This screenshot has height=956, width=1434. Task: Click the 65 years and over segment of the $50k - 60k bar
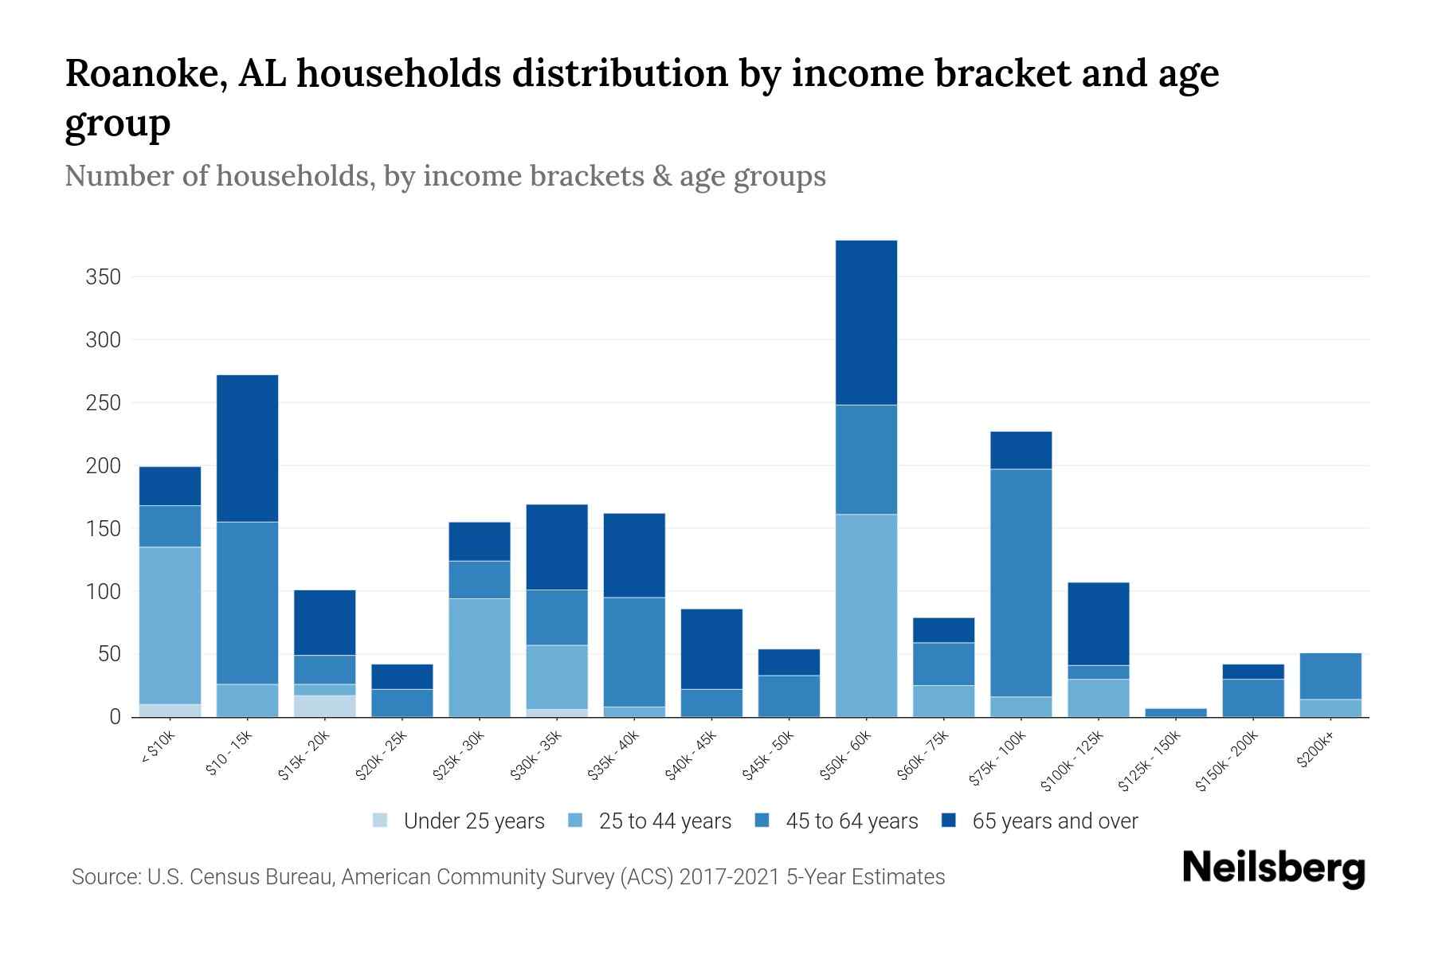[x=866, y=323]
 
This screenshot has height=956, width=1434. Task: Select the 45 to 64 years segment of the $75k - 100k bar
[x=1021, y=582]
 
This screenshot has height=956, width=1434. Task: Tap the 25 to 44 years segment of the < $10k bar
[x=170, y=625]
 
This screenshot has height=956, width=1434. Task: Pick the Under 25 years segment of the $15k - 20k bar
[x=324, y=706]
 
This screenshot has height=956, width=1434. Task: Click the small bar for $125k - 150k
[x=1175, y=712]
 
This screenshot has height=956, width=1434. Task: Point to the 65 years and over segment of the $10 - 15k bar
[x=247, y=449]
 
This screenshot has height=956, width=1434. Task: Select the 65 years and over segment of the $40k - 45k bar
[x=711, y=648]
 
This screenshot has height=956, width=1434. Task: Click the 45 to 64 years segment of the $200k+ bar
[x=1330, y=676]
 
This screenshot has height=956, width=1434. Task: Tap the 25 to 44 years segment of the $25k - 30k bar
[x=480, y=657]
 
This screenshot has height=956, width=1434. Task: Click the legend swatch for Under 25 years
[x=381, y=821]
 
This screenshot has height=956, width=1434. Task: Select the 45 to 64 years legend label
[x=851, y=821]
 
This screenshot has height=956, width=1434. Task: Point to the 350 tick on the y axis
[x=103, y=277]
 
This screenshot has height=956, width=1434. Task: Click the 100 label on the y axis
[x=103, y=592]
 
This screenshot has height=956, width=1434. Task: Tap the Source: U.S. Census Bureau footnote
[x=507, y=877]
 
